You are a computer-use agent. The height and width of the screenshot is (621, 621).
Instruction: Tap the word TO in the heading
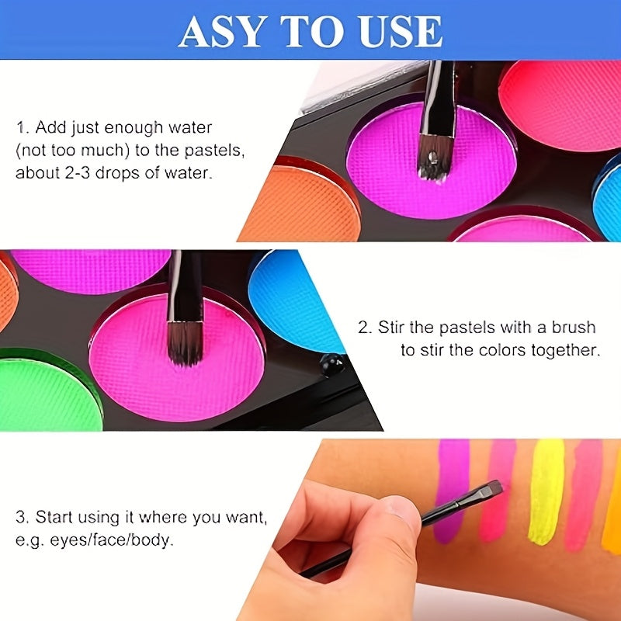(x=312, y=31)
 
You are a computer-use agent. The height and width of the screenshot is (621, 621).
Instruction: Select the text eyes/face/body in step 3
(x=112, y=540)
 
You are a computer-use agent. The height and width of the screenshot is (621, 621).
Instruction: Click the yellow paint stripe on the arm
(x=546, y=492)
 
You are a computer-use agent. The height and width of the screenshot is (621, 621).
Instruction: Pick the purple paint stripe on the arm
(x=451, y=491)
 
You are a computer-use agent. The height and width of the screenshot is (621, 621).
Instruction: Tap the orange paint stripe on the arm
(x=612, y=503)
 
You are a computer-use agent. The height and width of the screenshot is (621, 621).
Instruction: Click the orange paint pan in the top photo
(x=301, y=204)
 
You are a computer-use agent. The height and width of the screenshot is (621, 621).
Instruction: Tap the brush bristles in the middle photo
(x=185, y=343)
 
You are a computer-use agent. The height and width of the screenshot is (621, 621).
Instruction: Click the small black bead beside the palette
(x=332, y=365)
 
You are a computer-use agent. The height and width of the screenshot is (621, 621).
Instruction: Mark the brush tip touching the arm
(x=494, y=488)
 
